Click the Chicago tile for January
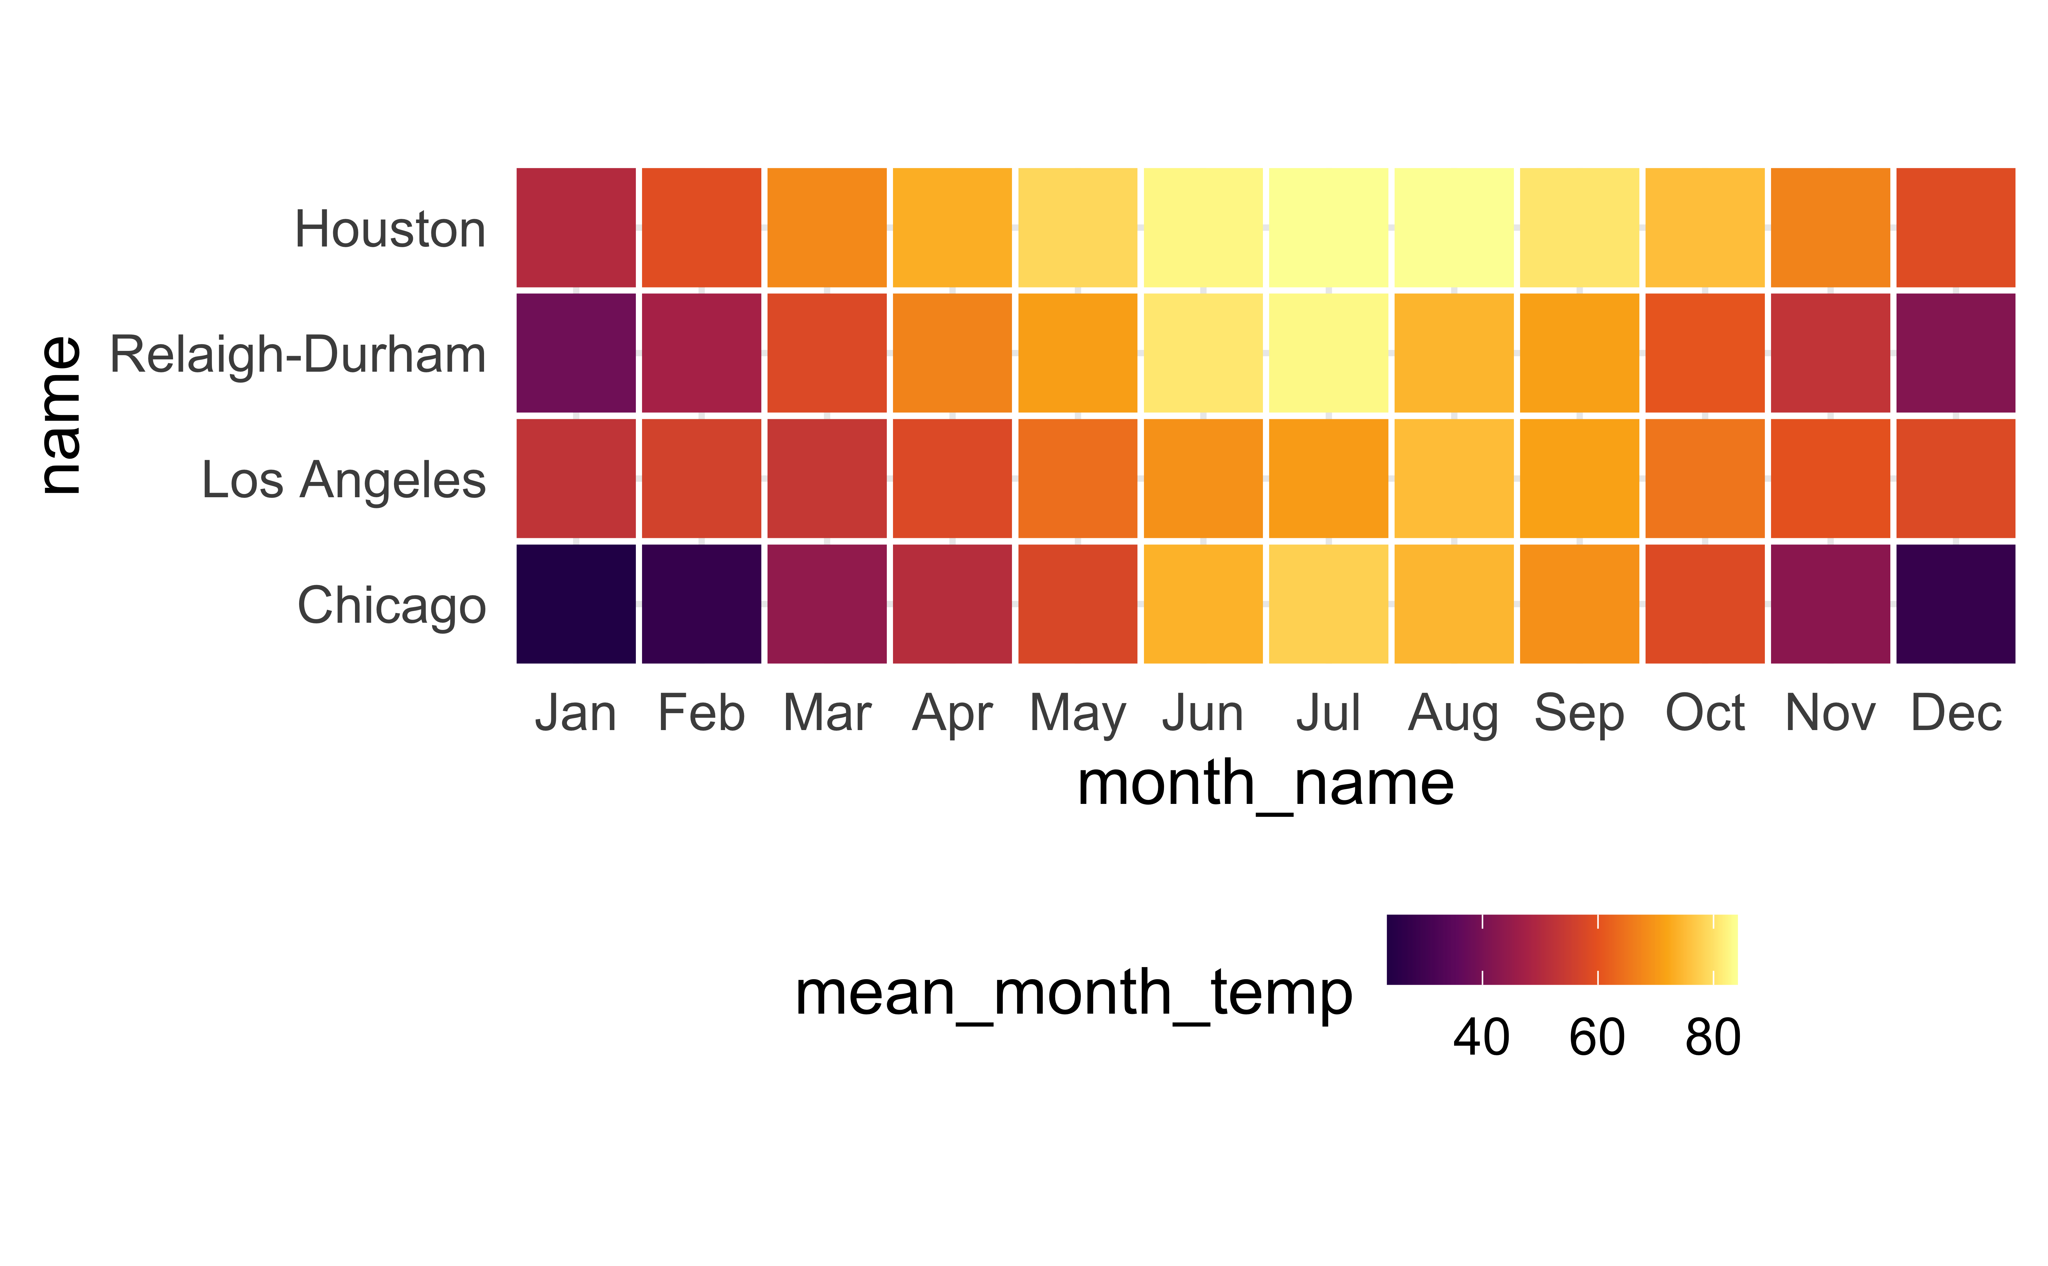[x=576, y=604]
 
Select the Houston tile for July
[x=1328, y=228]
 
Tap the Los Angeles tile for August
[x=1454, y=478]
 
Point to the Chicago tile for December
[x=1956, y=604]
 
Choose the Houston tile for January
[x=576, y=228]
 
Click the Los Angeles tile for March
[x=827, y=478]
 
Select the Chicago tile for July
[x=1328, y=604]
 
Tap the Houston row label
[x=390, y=229]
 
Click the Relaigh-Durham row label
[x=298, y=354]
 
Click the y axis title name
[x=60, y=415]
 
